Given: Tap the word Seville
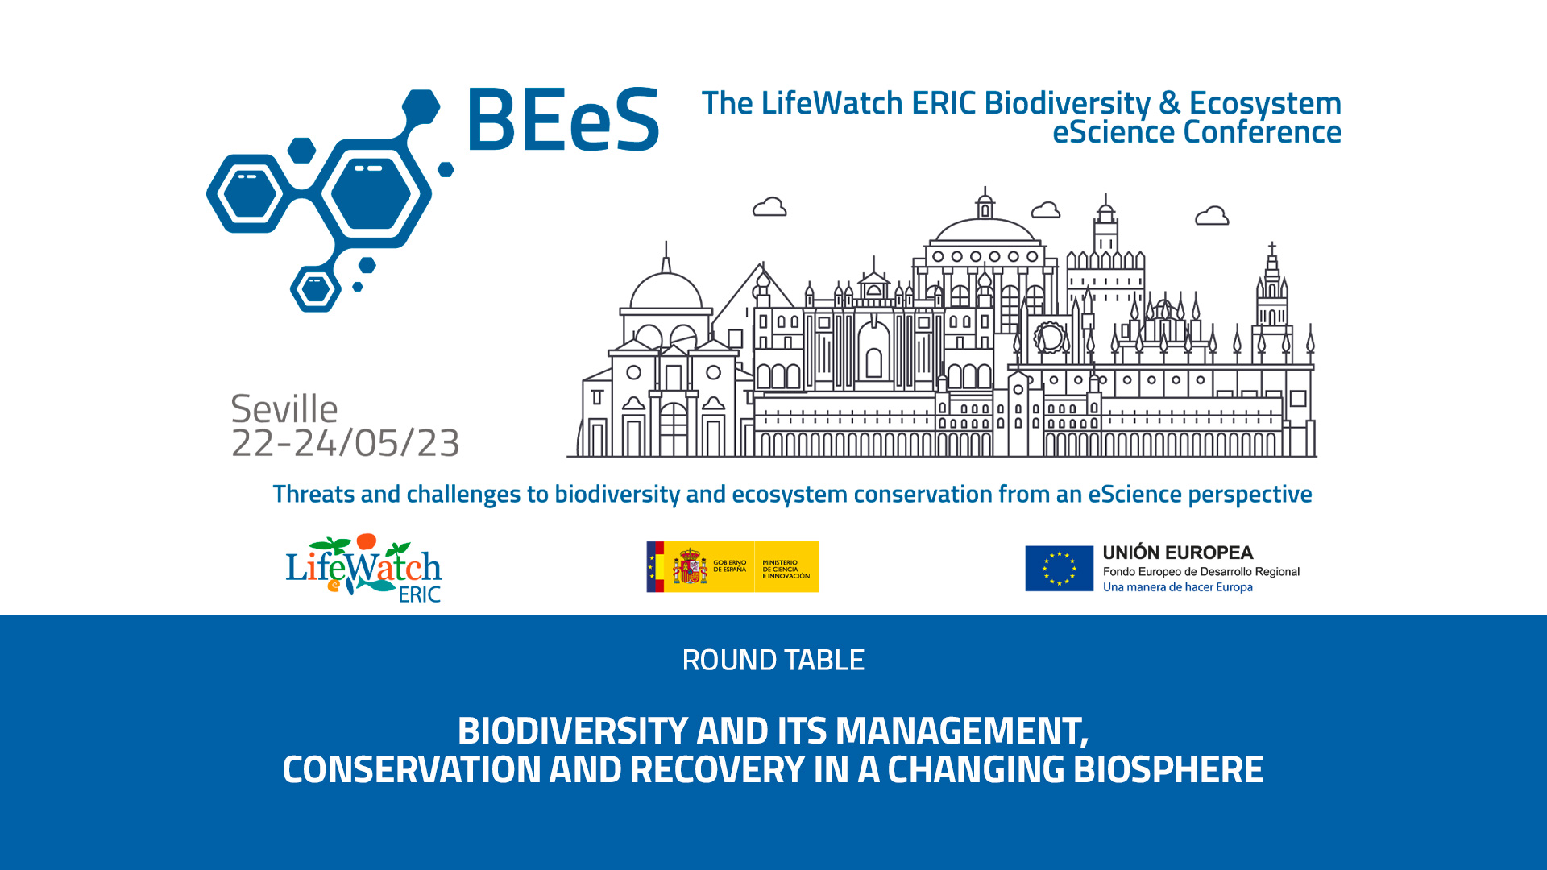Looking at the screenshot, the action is [x=284, y=409].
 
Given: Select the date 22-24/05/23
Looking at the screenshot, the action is [x=346, y=443].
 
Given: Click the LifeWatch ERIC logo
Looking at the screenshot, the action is [x=363, y=568].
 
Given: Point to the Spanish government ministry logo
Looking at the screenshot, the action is [x=732, y=567].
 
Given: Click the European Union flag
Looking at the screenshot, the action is [x=1059, y=568].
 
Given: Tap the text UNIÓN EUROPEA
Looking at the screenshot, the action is [x=1177, y=553].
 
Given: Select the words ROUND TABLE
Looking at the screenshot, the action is [x=773, y=661].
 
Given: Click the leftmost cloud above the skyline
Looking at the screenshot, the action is [x=769, y=207].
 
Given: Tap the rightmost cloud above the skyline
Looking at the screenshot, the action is [x=1212, y=215].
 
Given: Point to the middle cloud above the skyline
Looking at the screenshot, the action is [x=1046, y=209].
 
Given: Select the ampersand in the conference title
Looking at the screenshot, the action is [x=1170, y=103].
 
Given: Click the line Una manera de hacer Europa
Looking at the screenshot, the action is [x=1178, y=587].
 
